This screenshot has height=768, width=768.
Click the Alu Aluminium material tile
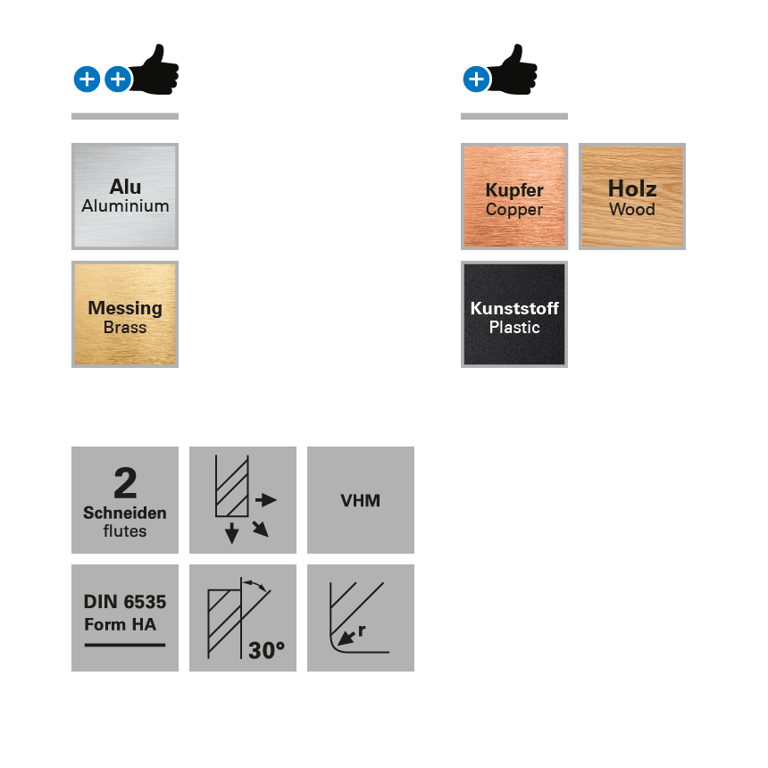[125, 196]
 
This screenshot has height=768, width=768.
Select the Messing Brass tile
[125, 314]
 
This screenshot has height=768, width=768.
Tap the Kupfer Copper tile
[514, 196]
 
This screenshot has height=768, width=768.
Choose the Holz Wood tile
[632, 196]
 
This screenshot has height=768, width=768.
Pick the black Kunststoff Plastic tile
[514, 314]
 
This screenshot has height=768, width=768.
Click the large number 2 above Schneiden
[125, 484]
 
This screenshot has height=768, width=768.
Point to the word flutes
[125, 531]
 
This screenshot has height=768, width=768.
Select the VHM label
[361, 501]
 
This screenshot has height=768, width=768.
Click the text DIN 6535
[125, 603]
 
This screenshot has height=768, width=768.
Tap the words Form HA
[120, 624]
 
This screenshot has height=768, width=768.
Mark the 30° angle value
[266, 651]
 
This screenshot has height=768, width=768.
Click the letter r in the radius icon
[361, 630]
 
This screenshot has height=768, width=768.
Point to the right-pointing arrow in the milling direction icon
[266, 500]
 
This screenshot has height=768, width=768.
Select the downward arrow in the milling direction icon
[232, 533]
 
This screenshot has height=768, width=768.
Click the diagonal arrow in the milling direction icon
[260, 528]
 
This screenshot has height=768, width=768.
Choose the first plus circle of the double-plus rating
[87, 79]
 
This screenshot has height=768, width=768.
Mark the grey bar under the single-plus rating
[514, 116]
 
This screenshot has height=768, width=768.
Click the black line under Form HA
[125, 645]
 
